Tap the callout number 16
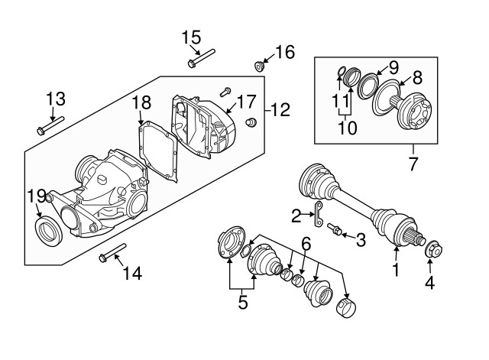pos(284,52)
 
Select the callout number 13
pos(56,99)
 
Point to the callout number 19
pos(36,196)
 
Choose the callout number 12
pos(280,110)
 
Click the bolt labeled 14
pos(112,251)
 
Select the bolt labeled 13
pos(50,126)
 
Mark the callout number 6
pos(306,245)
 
